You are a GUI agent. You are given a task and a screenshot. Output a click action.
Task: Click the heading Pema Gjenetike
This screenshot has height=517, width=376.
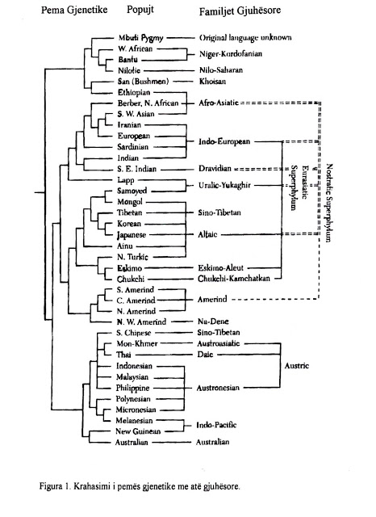tap(74, 10)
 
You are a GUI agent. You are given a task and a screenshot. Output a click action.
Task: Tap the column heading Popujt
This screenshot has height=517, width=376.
tap(140, 10)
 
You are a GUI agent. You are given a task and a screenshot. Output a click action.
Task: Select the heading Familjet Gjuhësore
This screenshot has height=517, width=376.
tap(240, 11)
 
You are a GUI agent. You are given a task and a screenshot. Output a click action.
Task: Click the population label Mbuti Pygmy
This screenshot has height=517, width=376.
tap(140, 38)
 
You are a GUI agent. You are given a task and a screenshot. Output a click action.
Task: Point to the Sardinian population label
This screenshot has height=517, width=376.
tap(133, 147)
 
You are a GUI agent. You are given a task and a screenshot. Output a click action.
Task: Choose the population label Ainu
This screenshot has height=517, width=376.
tap(125, 246)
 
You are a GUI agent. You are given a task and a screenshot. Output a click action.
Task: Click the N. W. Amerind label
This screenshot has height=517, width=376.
tap(141, 322)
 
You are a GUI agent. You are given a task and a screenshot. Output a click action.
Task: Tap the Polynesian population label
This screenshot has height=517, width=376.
tap(133, 399)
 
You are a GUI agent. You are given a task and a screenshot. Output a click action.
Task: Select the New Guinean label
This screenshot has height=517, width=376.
tap(138, 431)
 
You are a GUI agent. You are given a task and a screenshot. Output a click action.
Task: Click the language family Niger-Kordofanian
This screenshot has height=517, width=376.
tap(231, 54)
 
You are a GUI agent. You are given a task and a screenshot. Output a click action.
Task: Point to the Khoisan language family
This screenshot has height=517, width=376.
tap(212, 82)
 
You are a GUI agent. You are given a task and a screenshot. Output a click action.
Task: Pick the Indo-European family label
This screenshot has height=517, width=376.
tap(224, 142)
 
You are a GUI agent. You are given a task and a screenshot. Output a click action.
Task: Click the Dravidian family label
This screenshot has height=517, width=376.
tap(215, 169)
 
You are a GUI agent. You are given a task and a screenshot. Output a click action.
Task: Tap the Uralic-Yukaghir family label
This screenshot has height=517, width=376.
tap(224, 185)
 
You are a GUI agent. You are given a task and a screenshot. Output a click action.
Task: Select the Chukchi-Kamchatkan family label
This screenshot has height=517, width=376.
tap(234, 279)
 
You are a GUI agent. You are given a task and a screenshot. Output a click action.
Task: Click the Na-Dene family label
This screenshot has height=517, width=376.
tap(213, 322)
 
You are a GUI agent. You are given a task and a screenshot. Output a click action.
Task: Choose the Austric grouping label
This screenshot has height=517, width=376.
tap(297, 366)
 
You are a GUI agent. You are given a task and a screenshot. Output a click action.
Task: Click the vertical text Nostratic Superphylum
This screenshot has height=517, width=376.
tap(329, 203)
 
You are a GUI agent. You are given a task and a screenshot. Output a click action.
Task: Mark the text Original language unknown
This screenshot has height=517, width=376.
tap(245, 38)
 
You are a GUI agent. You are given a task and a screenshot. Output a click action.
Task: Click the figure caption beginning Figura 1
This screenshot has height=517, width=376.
tap(140, 486)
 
